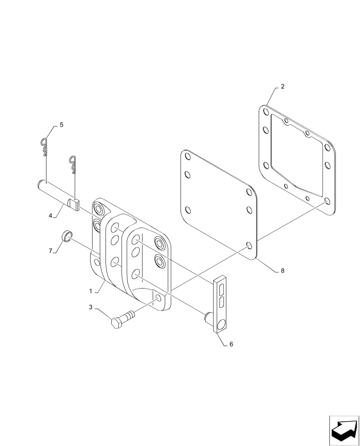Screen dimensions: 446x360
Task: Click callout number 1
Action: pyautogui.click(x=90, y=291)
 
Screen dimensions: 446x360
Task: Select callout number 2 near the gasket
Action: pyautogui.click(x=282, y=87)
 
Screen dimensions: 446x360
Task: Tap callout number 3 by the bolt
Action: pyautogui.click(x=90, y=307)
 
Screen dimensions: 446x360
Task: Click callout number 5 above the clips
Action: pyautogui.click(x=61, y=125)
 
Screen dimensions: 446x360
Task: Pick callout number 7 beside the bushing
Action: pyautogui.click(x=50, y=251)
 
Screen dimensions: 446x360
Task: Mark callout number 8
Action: pyautogui.click(x=282, y=271)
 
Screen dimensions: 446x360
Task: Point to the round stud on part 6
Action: pyautogui.click(x=208, y=318)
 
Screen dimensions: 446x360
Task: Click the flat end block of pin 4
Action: pyautogui.click(x=74, y=204)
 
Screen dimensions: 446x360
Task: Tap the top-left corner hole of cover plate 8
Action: pyautogui.click(x=187, y=157)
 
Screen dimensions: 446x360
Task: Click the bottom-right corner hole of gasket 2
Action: pyautogui.click(x=327, y=202)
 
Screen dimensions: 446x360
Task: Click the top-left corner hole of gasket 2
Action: pyautogui.click(x=266, y=111)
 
